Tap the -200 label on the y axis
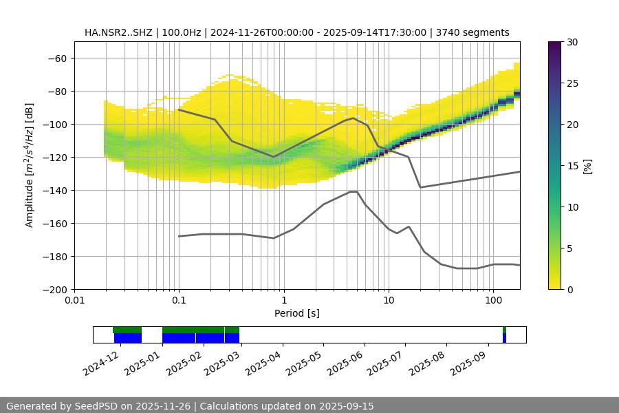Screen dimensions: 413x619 [56, 290]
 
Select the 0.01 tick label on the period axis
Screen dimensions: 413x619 [74, 301]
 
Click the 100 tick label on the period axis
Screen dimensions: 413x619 [493, 301]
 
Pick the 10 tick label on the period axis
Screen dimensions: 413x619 [389, 301]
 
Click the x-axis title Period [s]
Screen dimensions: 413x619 [296, 313]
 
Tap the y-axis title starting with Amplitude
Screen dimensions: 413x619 [30, 165]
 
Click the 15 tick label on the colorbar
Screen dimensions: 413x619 [572, 166]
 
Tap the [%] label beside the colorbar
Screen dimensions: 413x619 [587, 166]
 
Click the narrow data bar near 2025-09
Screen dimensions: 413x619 [504, 335]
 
